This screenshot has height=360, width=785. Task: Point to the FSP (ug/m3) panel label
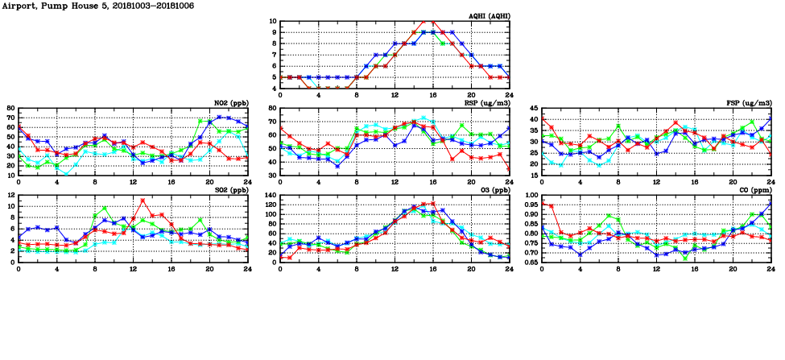(748, 102)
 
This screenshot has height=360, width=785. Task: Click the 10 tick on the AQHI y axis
(272, 22)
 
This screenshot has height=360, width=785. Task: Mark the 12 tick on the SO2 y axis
(10, 196)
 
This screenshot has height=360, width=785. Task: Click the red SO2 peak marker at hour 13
(143, 201)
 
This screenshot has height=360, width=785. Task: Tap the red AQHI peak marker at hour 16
(433, 22)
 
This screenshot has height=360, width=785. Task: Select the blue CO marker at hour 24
(771, 204)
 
